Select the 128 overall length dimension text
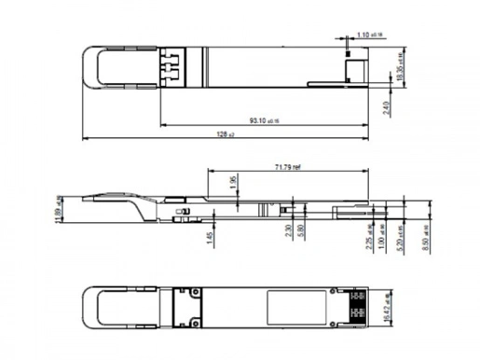(224, 136)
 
